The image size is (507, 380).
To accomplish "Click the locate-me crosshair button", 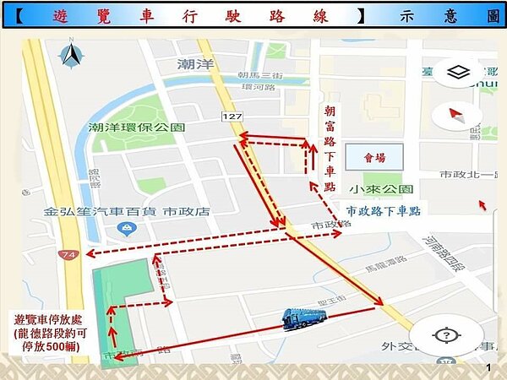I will coord(445,336).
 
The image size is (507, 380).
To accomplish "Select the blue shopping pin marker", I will coord(125,230).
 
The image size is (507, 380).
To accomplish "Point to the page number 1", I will coord(488,368).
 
